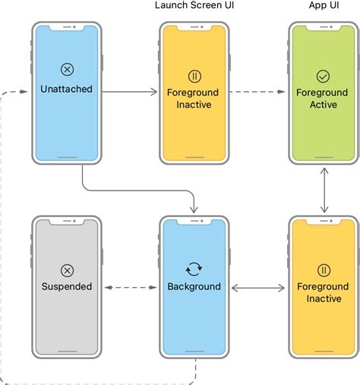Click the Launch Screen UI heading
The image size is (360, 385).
[x=194, y=5]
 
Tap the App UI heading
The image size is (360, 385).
[x=324, y=5]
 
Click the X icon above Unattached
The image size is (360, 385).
[x=67, y=69]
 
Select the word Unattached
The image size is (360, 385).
[x=66, y=89]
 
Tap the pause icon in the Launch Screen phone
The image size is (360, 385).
[x=194, y=76]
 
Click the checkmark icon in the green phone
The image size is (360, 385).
[x=323, y=76]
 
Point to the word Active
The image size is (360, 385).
[x=324, y=105]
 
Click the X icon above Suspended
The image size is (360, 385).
[x=67, y=270]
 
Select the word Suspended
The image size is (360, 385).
[x=67, y=286]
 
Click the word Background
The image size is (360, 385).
[x=194, y=286]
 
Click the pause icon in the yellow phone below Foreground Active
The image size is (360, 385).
[x=324, y=270]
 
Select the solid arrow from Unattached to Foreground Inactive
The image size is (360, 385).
[x=129, y=92]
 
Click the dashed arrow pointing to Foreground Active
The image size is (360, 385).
[x=257, y=92]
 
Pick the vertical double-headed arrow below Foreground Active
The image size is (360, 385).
[x=324, y=190]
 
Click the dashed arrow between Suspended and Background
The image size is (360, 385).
[x=131, y=287]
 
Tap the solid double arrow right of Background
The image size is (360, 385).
[x=258, y=288]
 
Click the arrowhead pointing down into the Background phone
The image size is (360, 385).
[x=194, y=210]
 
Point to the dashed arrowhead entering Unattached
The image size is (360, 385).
[x=24, y=92]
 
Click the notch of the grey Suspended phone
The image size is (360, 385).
[x=67, y=222]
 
